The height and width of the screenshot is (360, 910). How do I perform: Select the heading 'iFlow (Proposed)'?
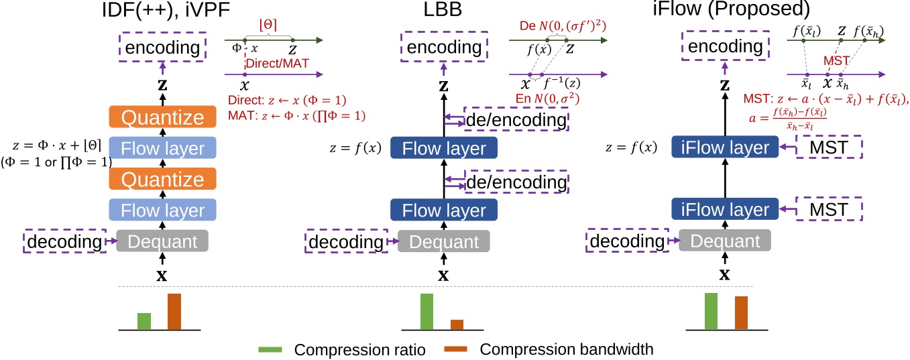click(724, 13)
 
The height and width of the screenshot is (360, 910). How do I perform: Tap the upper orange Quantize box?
click(161, 119)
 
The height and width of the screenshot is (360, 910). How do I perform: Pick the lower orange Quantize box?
click(161, 180)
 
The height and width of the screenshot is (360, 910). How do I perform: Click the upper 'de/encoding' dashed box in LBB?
click(516, 120)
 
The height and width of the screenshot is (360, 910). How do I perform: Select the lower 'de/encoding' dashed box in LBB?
click(516, 181)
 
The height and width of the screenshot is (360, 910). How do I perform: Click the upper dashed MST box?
click(829, 147)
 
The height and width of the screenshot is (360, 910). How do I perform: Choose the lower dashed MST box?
click(829, 209)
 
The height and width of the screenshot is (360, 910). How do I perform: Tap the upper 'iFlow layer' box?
click(724, 148)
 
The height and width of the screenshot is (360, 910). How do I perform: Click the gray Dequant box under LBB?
click(443, 241)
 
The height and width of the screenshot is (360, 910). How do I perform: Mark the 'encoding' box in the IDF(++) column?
click(161, 48)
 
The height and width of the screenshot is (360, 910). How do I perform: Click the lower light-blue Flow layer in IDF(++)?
click(161, 210)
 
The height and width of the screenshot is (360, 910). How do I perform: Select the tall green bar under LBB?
click(426, 312)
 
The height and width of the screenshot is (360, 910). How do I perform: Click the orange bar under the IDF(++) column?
click(174, 312)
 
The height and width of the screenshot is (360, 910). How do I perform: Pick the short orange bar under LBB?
click(457, 324)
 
